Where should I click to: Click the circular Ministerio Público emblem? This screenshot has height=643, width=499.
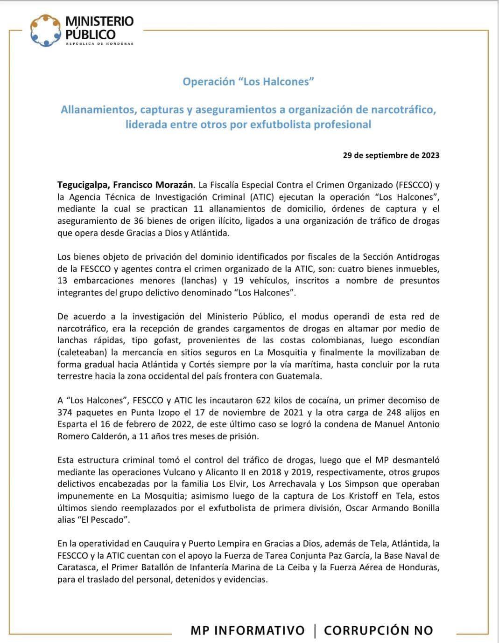(x=46, y=30)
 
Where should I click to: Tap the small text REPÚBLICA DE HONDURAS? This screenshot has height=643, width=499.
(x=99, y=44)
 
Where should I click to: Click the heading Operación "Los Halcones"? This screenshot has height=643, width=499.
(x=248, y=82)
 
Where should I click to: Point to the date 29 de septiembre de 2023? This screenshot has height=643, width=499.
(x=391, y=156)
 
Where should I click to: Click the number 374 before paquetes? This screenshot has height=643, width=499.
(x=65, y=413)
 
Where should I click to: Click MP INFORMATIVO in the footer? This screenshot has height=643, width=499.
(x=247, y=630)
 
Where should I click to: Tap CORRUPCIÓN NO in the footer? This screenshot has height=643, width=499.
(x=379, y=630)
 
